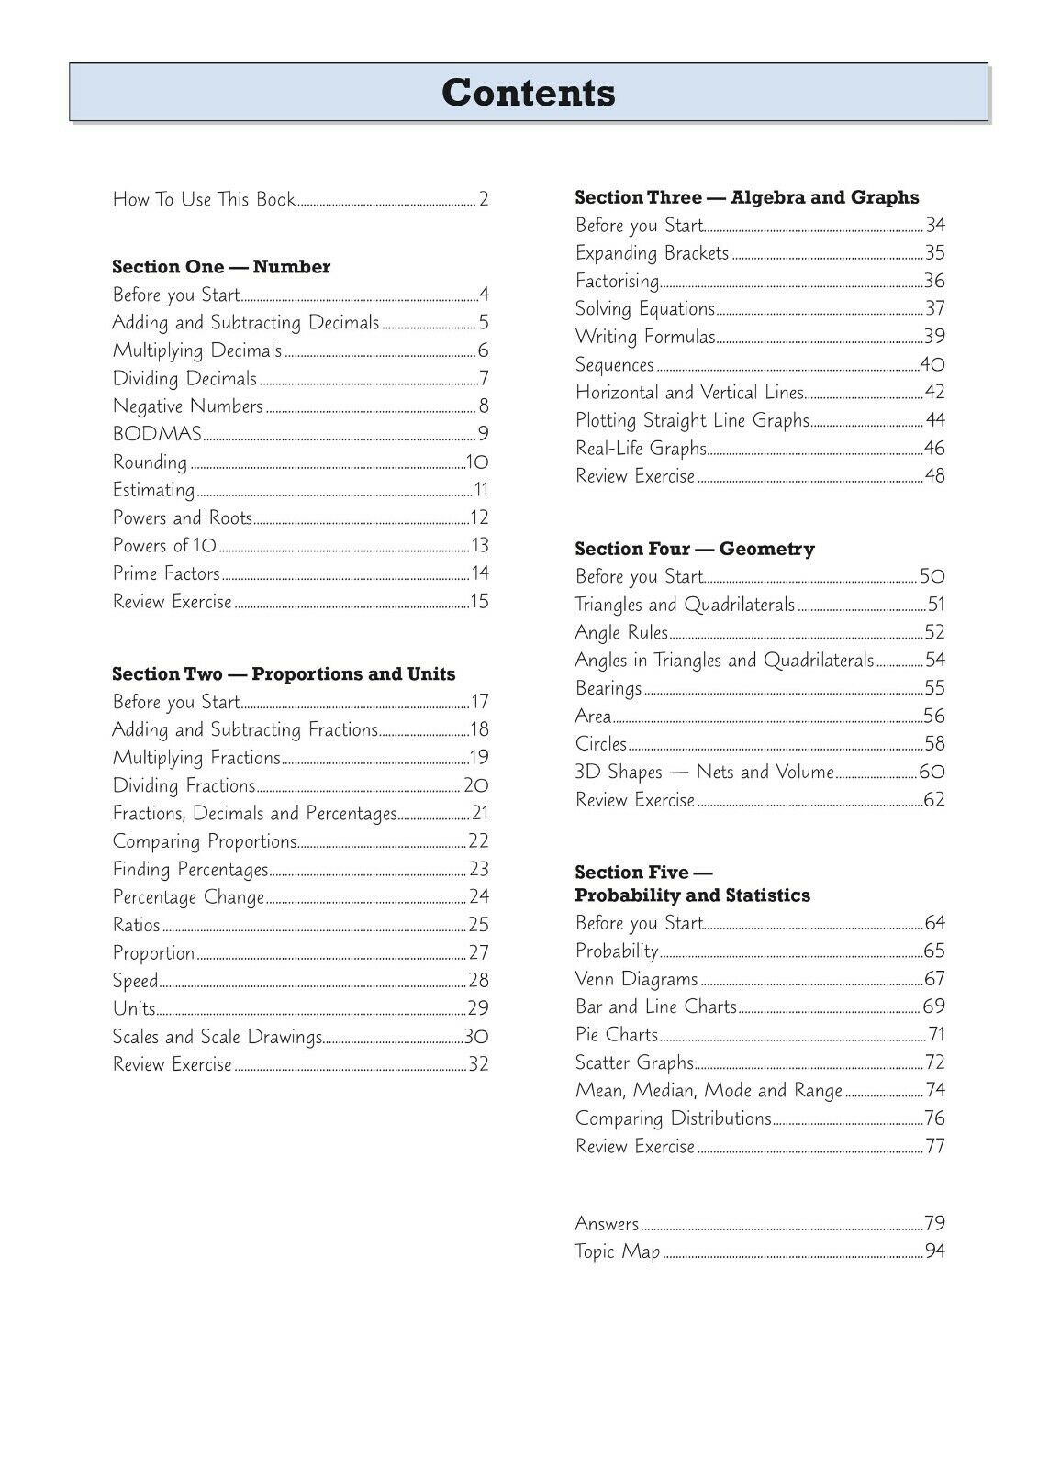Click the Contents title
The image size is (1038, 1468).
[x=529, y=93]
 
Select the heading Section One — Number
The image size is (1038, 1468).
[x=221, y=267]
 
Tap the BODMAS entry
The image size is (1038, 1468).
[x=157, y=434]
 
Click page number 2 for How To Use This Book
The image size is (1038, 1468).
[x=484, y=199]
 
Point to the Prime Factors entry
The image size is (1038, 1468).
[x=166, y=573]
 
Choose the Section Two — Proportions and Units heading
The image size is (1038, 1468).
[x=284, y=674]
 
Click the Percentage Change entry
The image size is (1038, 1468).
[x=188, y=897]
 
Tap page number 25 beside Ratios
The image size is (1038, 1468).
[x=478, y=925]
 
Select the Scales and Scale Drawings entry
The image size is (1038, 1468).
[x=218, y=1037]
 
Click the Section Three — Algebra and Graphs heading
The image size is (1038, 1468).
[x=746, y=197]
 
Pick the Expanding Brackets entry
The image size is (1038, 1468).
[x=652, y=253]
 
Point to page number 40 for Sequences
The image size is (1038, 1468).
[x=932, y=365]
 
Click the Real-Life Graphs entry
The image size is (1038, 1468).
[x=641, y=449]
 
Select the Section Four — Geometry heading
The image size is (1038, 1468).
[x=695, y=550]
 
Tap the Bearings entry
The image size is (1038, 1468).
[x=608, y=688]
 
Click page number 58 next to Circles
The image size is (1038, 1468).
[x=934, y=744]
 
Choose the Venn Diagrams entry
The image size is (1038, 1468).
[x=636, y=979]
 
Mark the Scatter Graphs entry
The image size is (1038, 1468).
[x=634, y=1062]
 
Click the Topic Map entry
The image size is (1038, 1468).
[x=617, y=1251]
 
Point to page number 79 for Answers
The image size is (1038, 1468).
[x=934, y=1223]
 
